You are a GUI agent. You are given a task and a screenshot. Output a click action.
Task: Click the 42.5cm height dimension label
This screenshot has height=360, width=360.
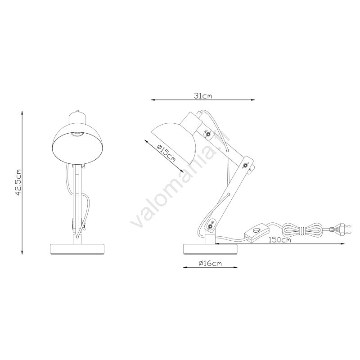click(x=18, y=183)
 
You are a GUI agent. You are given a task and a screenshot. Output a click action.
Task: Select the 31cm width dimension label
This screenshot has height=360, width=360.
click(x=203, y=96)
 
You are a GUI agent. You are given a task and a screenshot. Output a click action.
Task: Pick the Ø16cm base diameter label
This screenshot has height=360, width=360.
click(x=210, y=263)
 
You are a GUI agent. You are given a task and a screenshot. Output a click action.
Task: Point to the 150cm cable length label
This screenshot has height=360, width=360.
click(x=279, y=240)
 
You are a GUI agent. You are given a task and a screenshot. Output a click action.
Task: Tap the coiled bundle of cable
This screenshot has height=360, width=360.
click(x=302, y=229)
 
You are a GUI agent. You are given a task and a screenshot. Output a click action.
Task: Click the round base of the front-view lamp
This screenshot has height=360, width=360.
click(x=77, y=249)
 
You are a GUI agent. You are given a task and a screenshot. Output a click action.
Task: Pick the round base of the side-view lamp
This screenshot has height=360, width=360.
click(x=210, y=249)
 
